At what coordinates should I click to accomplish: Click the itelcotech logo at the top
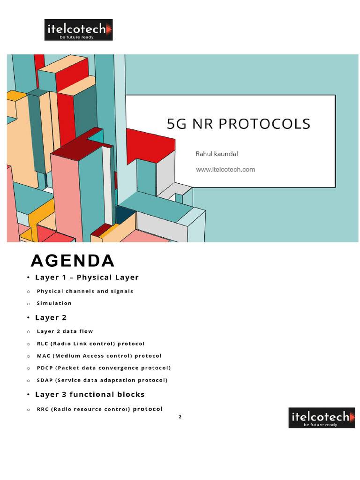(x=79, y=30)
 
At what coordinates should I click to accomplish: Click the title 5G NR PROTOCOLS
(x=239, y=124)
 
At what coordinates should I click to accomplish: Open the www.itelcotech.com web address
(x=225, y=170)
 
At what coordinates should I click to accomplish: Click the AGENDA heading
(x=72, y=261)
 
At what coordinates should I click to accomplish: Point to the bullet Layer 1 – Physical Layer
(x=87, y=277)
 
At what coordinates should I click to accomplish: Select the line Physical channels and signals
(x=85, y=291)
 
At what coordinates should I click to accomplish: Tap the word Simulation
(x=54, y=303)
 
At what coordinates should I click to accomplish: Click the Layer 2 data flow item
(x=65, y=331)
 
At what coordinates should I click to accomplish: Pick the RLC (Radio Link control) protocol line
(x=91, y=344)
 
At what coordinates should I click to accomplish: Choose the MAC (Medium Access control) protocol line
(x=99, y=356)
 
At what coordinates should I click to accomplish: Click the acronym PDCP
(x=45, y=368)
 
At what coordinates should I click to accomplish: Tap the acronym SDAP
(x=45, y=380)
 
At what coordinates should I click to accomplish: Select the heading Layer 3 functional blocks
(x=90, y=395)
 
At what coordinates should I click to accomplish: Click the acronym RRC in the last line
(x=44, y=409)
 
